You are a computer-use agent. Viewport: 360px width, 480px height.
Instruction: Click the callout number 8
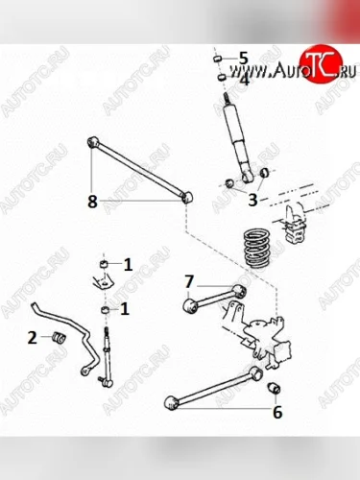[x=92, y=202]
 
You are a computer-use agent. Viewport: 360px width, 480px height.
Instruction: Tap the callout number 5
[x=244, y=59]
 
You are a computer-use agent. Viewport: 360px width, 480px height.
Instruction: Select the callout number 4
[x=244, y=80]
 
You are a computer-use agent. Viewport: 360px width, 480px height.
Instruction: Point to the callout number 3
[x=252, y=200]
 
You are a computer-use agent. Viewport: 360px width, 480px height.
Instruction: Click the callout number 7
[x=189, y=281]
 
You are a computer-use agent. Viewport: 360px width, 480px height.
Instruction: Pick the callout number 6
[x=277, y=412]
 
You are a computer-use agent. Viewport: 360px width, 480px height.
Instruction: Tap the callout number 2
[x=33, y=338]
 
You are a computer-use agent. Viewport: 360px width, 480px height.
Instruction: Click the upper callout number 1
[x=128, y=265]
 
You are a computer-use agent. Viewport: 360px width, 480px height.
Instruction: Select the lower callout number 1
[x=125, y=309]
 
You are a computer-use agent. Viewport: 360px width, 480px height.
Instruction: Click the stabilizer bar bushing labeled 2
[x=59, y=338]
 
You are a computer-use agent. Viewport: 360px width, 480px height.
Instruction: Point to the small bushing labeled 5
[x=218, y=59]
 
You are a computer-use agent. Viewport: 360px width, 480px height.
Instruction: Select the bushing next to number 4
[x=222, y=77]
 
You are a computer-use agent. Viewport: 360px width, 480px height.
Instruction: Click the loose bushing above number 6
[x=274, y=388]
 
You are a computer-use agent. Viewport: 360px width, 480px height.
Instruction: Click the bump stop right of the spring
[x=296, y=223]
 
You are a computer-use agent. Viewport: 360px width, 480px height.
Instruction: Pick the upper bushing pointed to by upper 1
[x=103, y=264]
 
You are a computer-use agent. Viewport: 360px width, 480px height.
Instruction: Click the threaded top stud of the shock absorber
[x=228, y=98]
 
